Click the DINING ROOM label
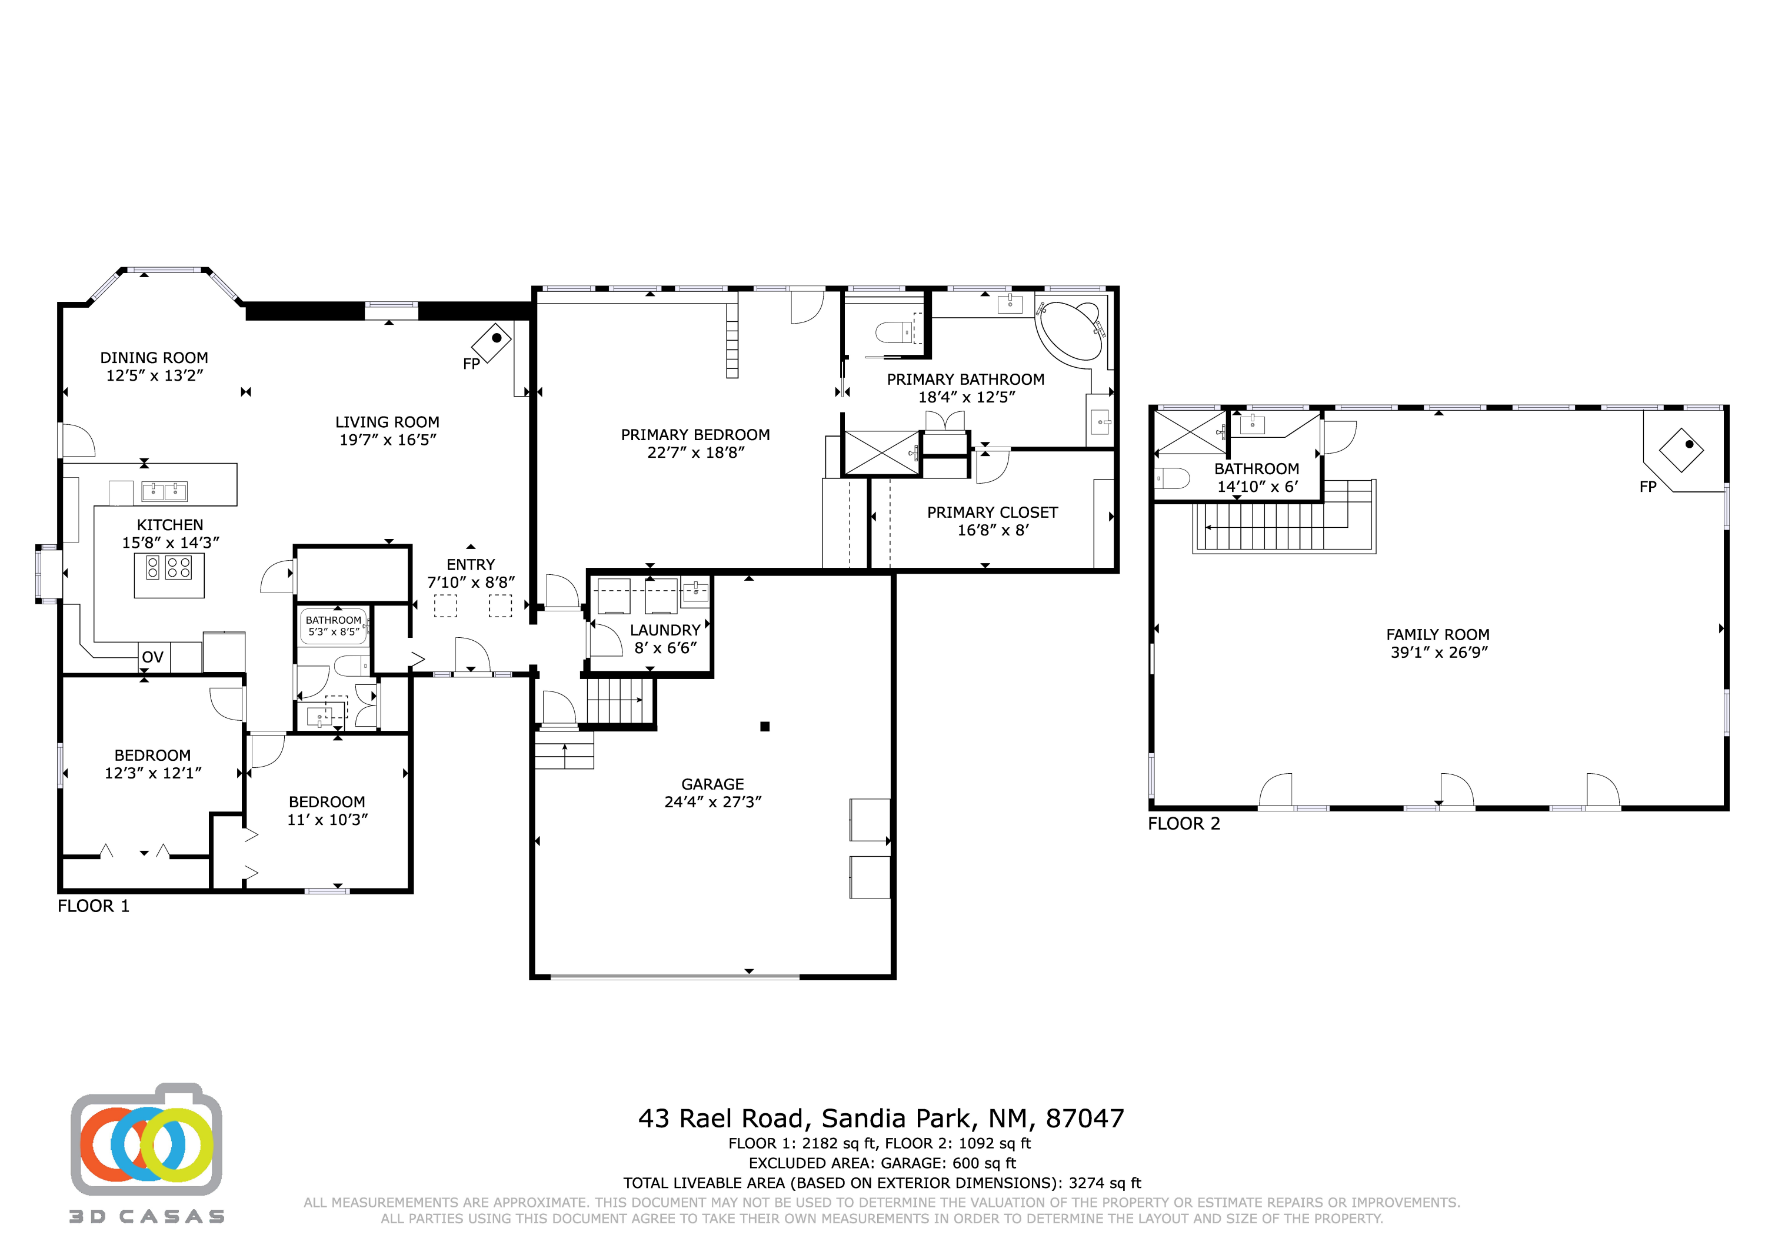pyautogui.click(x=154, y=358)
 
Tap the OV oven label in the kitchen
pyautogui.click(x=152, y=657)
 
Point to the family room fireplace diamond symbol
pyautogui.click(x=1681, y=450)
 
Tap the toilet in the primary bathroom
pyautogui.click(x=893, y=333)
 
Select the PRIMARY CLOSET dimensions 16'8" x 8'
pyautogui.click(x=993, y=530)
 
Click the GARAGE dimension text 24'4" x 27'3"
pyautogui.click(x=712, y=801)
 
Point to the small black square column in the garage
pyautogui.click(x=765, y=727)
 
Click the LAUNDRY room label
pyautogui.click(x=665, y=630)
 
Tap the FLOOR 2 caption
pyautogui.click(x=1184, y=824)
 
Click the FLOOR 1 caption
pyautogui.click(x=94, y=906)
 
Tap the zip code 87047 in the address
pyautogui.click(x=1085, y=1118)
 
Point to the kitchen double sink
pyautogui.click(x=165, y=491)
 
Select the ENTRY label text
pyautogui.click(x=471, y=564)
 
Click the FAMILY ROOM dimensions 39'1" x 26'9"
pyautogui.click(x=1438, y=652)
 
